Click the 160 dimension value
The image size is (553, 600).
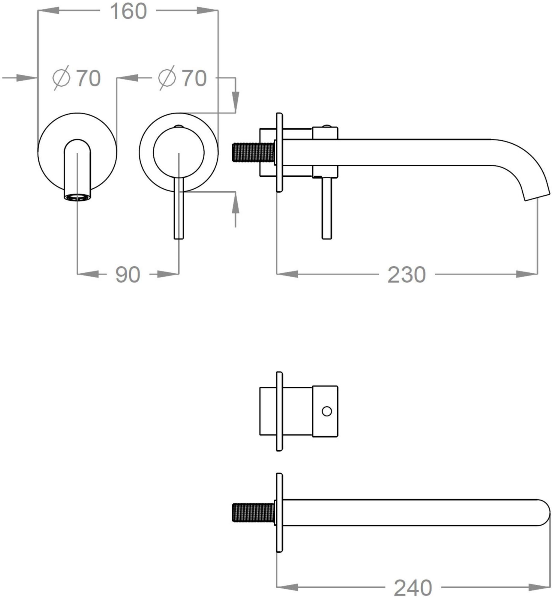(x=128, y=11)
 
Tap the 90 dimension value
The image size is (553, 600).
(x=128, y=274)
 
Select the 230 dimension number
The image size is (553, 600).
(x=407, y=274)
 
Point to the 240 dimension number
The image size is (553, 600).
(x=413, y=588)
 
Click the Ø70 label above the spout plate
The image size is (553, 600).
(x=77, y=78)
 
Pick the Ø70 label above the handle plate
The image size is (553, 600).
(x=183, y=78)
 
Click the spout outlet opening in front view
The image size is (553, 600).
(x=77, y=197)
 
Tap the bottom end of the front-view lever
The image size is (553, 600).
(x=179, y=238)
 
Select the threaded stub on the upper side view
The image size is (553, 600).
(x=254, y=152)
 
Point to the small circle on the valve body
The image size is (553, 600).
(x=327, y=411)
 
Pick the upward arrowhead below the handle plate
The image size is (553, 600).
(x=236, y=202)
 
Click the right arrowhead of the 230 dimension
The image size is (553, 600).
(x=527, y=274)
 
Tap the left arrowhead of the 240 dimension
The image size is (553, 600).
(x=287, y=587)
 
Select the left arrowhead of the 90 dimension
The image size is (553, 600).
(x=88, y=274)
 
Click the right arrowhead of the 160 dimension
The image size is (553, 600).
(x=207, y=10)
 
